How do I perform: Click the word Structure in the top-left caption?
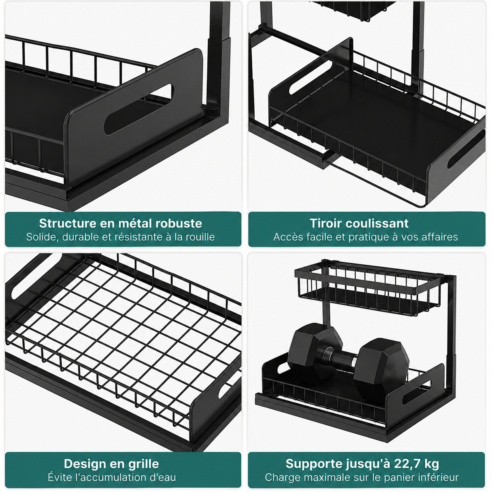[68, 223]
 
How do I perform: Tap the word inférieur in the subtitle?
[441, 477]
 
